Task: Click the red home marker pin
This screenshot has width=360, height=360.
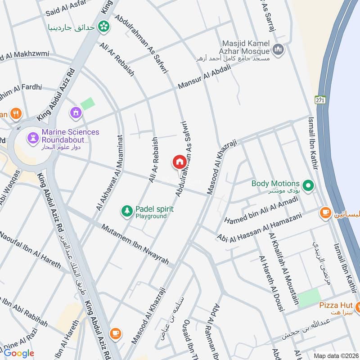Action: [x=179, y=162]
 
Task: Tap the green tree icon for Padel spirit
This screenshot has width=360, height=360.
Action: [x=127, y=210]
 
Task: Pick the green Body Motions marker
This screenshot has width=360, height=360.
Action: [x=308, y=184]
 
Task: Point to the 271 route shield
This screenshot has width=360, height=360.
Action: [x=319, y=99]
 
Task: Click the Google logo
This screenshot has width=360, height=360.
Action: [x=19, y=353]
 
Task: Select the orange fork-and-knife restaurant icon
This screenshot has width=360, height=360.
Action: [x=16, y=114]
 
